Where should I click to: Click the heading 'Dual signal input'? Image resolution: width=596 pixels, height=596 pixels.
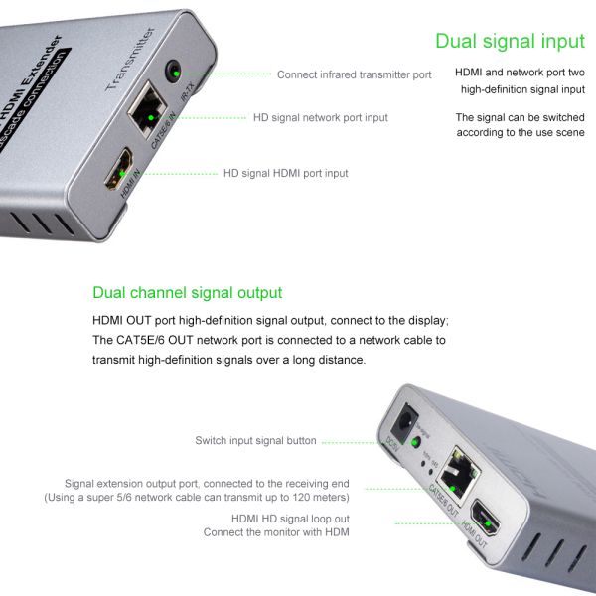pos(510,41)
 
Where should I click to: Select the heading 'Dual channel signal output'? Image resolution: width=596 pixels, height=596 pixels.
pos(187,293)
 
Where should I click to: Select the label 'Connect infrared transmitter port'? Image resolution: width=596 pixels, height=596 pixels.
pos(354,74)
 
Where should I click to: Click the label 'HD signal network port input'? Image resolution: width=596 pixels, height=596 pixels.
pos(319,118)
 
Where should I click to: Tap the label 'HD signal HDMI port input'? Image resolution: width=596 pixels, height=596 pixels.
pos(285,173)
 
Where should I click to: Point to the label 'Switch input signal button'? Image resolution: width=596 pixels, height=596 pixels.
pos(255,441)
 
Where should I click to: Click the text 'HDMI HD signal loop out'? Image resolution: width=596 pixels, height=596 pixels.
pos(289,519)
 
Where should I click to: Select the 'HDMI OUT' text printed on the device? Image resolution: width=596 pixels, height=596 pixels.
pos(482,542)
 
